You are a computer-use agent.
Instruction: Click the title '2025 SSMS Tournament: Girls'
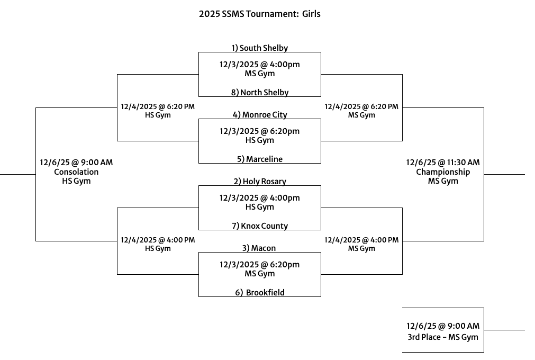tap(259, 14)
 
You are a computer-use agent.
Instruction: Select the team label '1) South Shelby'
tap(259, 48)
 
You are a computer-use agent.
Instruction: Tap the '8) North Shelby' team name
tap(259, 92)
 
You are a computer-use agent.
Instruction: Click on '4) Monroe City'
tap(259, 114)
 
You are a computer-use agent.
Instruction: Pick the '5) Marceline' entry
tap(259, 159)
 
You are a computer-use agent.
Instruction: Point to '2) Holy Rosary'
tap(259, 181)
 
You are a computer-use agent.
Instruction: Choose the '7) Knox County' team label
tap(259, 226)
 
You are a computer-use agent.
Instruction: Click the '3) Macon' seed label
tap(259, 248)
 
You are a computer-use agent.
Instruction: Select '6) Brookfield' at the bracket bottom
tap(260, 292)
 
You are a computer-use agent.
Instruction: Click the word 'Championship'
tap(443, 172)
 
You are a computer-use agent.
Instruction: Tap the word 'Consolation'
tap(76, 172)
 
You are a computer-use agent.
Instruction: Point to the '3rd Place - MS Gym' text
tap(443, 337)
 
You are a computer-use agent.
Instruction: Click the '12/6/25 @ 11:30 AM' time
tap(443, 163)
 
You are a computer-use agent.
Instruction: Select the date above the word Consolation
tap(76, 163)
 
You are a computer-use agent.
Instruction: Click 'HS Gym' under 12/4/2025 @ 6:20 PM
tap(158, 115)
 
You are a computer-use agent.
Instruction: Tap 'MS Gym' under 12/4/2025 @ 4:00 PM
tap(361, 248)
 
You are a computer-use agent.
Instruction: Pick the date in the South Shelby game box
tap(259, 65)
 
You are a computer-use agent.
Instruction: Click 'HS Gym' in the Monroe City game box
tap(259, 140)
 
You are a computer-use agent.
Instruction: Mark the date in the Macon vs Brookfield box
tap(259, 265)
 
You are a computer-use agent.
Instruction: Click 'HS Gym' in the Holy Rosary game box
tap(259, 207)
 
